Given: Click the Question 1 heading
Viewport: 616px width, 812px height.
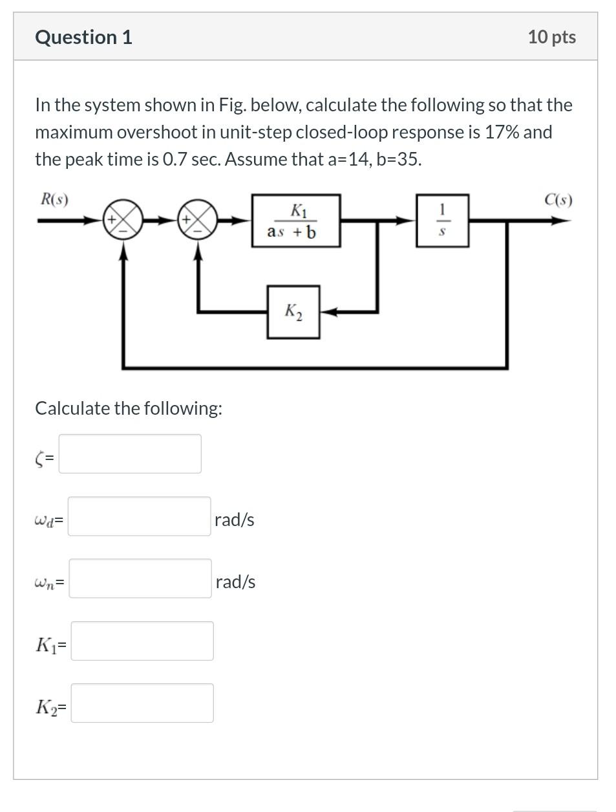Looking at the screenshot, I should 83,37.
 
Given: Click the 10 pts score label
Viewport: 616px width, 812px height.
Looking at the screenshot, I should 551,37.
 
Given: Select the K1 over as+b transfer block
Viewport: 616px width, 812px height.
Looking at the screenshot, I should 295,221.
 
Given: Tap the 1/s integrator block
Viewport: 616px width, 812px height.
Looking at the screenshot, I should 442,221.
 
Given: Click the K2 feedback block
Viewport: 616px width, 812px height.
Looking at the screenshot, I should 293,312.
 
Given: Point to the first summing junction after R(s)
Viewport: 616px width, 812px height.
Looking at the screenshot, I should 122,219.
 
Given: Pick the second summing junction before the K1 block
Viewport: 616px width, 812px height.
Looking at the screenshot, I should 197,219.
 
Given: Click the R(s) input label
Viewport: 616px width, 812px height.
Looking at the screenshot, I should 54,199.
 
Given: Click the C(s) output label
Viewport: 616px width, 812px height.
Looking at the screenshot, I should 558,199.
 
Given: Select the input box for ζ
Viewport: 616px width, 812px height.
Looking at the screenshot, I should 130,454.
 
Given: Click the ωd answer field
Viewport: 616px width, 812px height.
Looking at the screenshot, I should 139,516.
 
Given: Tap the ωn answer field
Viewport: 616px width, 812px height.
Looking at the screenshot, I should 140,578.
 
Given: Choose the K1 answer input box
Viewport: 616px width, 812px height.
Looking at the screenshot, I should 142,641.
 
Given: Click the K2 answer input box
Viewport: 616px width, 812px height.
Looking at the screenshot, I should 142,703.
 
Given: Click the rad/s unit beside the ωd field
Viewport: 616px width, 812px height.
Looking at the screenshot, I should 234,520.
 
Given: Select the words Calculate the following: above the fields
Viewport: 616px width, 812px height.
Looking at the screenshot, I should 129,408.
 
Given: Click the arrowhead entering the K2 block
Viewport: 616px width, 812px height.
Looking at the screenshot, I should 326,312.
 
